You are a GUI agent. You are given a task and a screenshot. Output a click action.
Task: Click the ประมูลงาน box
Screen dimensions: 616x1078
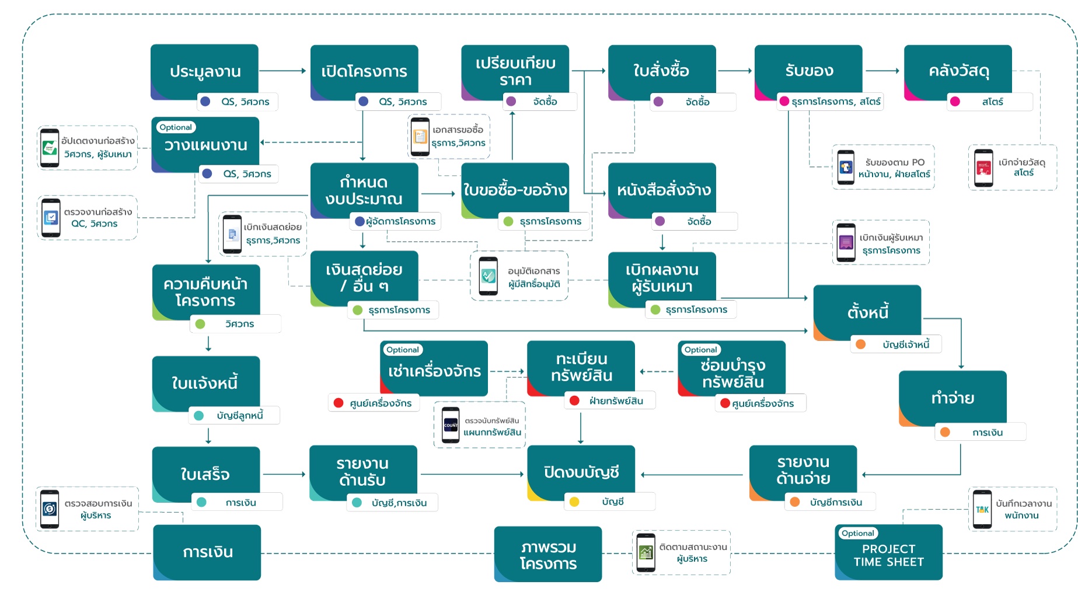204,71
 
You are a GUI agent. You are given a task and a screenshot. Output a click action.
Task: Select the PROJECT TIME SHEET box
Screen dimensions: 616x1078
888,555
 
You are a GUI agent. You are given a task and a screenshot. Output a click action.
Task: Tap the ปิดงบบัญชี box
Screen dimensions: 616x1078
581,472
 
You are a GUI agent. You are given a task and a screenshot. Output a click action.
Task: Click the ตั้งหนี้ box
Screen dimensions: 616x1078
867,312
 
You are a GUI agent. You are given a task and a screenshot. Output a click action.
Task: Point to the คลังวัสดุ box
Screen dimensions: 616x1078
958,71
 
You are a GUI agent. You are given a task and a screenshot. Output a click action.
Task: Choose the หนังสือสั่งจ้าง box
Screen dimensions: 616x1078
663,190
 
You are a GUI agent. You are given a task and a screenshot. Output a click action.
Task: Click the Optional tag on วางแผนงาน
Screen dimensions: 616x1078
176,127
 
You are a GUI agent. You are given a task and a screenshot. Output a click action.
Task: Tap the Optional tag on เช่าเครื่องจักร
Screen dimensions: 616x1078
403,350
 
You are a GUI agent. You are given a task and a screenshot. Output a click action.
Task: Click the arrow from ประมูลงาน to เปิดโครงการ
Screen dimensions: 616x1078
283,71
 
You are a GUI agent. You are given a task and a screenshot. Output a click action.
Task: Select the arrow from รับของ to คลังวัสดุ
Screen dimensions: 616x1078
882,71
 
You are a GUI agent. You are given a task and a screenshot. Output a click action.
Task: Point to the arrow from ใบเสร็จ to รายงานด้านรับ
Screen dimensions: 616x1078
284,474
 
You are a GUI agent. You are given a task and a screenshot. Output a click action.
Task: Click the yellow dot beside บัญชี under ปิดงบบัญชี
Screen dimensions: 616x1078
574,502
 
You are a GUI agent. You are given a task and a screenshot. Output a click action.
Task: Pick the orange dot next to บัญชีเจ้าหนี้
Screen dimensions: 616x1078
860,344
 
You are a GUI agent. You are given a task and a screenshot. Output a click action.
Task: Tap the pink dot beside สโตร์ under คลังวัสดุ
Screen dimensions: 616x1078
955,102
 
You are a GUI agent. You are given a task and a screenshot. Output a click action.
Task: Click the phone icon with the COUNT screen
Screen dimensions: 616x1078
451,425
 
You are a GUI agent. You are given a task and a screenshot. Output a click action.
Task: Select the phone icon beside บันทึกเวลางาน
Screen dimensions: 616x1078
982,509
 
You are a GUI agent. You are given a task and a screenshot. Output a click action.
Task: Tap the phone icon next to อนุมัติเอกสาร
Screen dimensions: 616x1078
488,276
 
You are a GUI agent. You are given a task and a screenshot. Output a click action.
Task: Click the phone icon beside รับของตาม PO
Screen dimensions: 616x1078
846,168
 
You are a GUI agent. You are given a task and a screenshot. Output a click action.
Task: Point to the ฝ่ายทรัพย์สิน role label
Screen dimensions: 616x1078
616,401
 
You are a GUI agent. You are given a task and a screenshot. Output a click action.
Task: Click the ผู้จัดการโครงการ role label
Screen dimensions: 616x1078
400,221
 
